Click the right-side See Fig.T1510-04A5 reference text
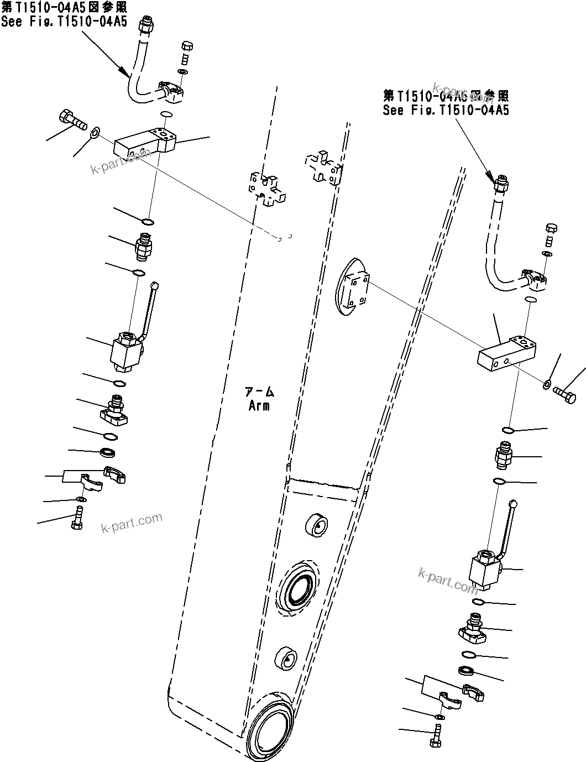[x=446, y=110]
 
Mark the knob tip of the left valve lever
[x=155, y=285]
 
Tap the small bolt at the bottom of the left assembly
[x=77, y=520]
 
